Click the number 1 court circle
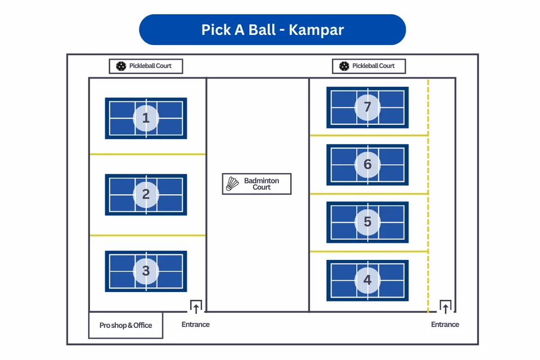(146, 118)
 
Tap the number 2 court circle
(146, 195)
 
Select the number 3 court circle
(146, 271)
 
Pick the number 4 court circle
(367, 280)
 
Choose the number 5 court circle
(367, 222)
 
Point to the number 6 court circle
(367, 164)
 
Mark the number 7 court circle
(367, 107)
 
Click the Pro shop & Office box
(125, 325)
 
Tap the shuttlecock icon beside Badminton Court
(232, 184)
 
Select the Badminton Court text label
(262, 184)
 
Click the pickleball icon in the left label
(121, 66)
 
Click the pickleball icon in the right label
(344, 66)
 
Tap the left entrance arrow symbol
(196, 307)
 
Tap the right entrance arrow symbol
(445, 307)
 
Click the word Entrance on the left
(196, 325)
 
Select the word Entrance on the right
(445, 325)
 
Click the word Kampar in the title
(316, 30)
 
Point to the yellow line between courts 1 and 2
(147, 154)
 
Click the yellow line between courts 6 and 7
(368, 136)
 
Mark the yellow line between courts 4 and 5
(368, 251)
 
